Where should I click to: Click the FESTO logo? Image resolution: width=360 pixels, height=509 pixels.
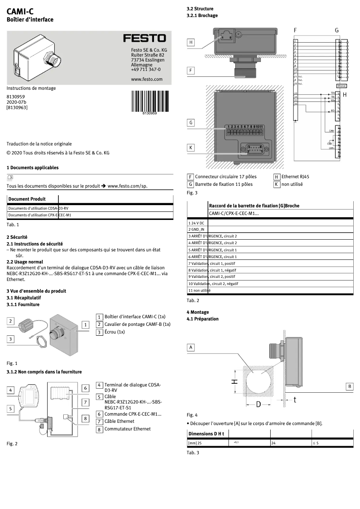pyautogui.click(x=145, y=39)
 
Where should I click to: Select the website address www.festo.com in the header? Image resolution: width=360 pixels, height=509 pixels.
pyautogui.click(x=146, y=79)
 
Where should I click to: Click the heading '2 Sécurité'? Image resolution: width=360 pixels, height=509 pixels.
pyautogui.click(x=17, y=237)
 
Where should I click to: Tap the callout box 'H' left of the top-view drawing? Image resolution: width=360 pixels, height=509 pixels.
pyautogui.click(x=191, y=42)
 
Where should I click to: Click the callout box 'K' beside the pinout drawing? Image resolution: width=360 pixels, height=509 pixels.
pyautogui.click(x=191, y=148)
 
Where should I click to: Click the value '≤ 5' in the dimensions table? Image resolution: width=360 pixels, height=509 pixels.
pyautogui.click(x=316, y=443)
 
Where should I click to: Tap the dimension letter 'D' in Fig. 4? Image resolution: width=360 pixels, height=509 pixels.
pyautogui.click(x=259, y=404)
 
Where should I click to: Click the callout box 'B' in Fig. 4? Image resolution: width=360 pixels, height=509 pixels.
pyautogui.click(x=350, y=386)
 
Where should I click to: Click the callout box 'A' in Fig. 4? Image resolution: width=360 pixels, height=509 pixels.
pyautogui.click(x=191, y=347)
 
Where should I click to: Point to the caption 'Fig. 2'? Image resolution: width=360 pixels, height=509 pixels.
pyautogui.click(x=12, y=443)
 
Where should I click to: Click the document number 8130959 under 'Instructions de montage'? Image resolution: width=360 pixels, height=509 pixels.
pyautogui.click(x=16, y=97)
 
